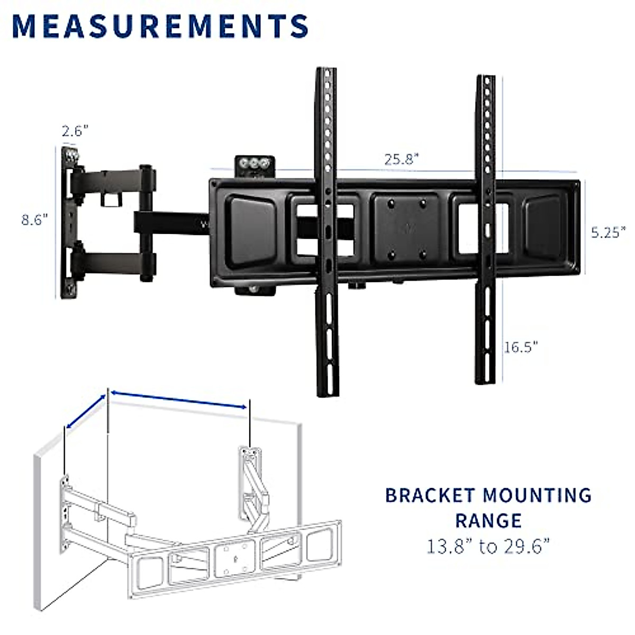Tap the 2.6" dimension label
coord(75,131)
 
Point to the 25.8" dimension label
coord(402,159)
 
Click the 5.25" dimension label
coord(608,232)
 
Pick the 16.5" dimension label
coord(521,347)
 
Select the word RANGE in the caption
coord(488,521)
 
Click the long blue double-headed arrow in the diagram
coord(179,400)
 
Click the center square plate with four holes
coord(406,228)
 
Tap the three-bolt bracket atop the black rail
coord(255,165)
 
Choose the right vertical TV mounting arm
coord(486,228)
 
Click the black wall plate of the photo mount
coord(68,222)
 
